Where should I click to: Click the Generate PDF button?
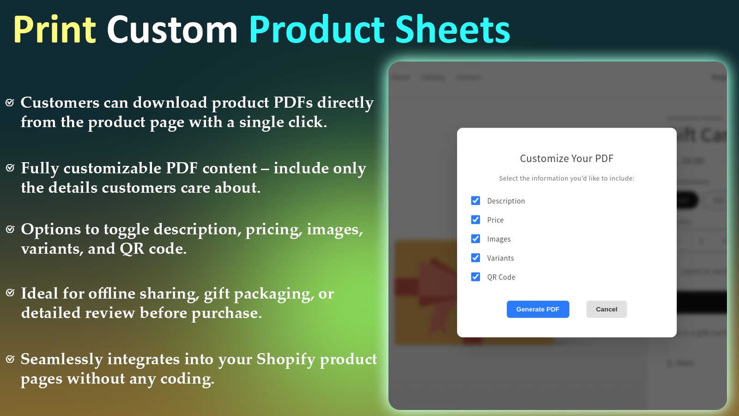pos(538,309)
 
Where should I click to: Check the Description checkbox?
pos(476,201)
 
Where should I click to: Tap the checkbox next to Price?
pos(476,220)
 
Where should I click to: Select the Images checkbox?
pos(476,239)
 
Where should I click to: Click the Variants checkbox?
pos(476,257)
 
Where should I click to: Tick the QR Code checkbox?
pos(476,276)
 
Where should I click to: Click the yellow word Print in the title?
pos(55,30)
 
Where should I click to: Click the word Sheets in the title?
pos(453,30)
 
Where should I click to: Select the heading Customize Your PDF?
pos(567,159)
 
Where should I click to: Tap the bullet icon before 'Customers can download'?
pos(10,102)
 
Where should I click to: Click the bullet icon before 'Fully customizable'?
pos(10,168)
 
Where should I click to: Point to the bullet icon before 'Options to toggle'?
pos(10,229)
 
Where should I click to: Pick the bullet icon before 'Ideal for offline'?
pos(10,293)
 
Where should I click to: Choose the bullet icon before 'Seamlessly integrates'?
pos(10,359)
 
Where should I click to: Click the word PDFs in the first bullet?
pos(293,102)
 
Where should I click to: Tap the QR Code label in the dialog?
pos(501,277)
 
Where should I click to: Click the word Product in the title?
pos(317,30)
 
